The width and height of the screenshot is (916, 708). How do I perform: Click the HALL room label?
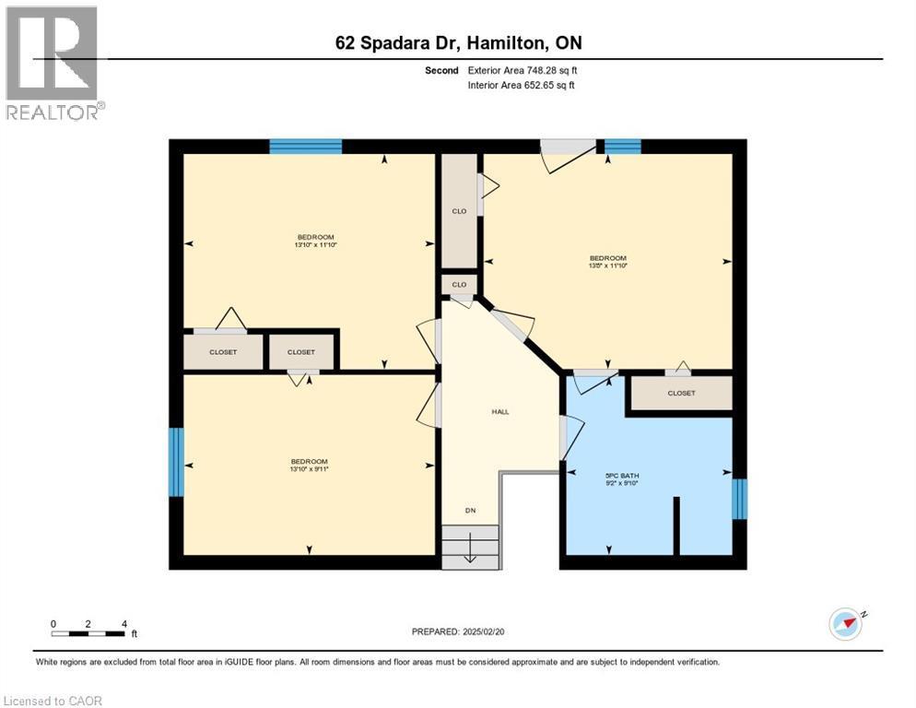click(499, 412)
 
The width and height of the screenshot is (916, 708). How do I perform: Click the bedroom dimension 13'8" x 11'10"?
click(608, 265)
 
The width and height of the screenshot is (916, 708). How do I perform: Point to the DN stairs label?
click(471, 510)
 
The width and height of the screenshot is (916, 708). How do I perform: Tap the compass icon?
click(845, 624)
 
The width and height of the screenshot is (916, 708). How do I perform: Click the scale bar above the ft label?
click(88, 633)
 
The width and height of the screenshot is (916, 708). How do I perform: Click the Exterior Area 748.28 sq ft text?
click(523, 70)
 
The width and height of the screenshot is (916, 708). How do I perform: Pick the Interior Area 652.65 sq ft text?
click(523, 86)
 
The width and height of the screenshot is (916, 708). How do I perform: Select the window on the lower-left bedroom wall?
click(175, 462)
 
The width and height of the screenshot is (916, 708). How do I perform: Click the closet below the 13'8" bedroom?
click(681, 393)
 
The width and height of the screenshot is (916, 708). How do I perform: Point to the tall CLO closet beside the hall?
click(459, 211)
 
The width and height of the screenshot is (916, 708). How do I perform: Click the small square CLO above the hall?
click(459, 285)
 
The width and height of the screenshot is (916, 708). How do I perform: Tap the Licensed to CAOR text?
click(53, 701)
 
